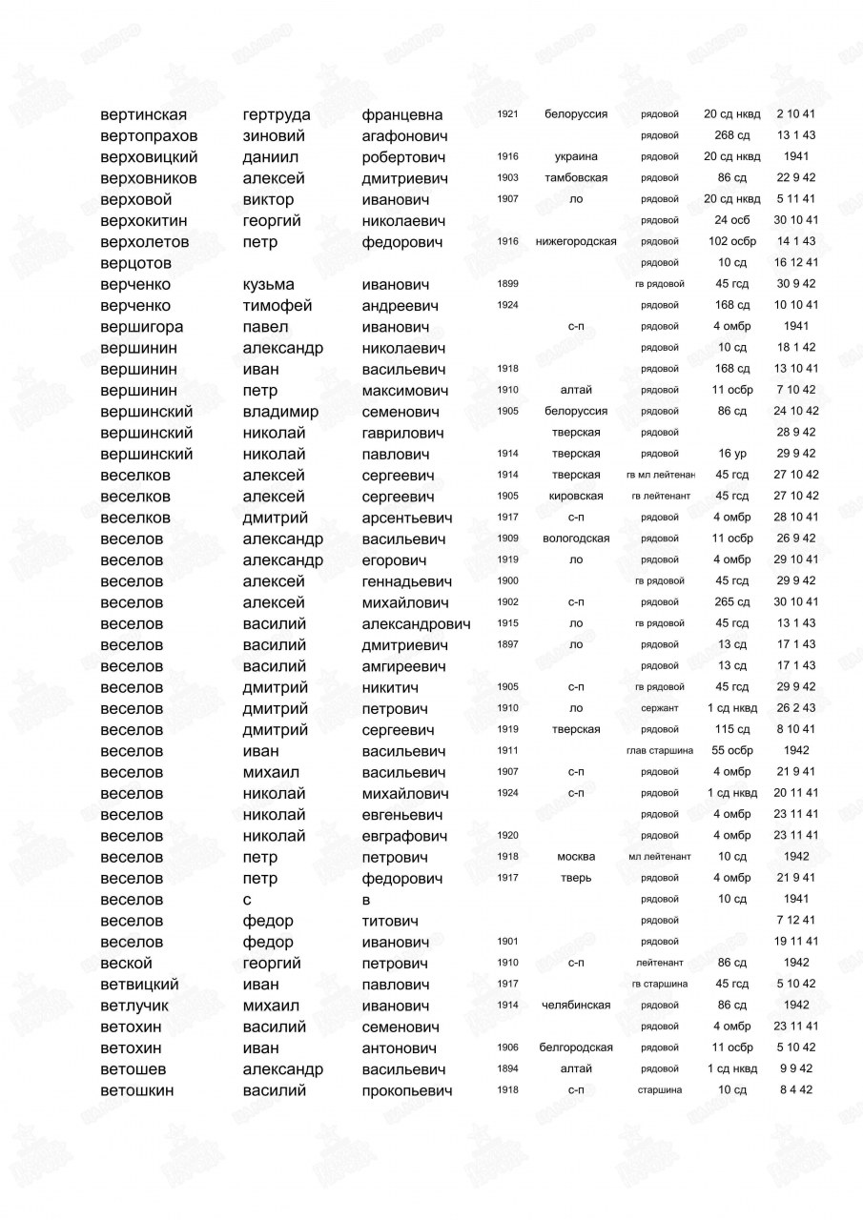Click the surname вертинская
144,115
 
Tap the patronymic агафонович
404,136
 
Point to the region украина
576,157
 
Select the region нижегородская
576,241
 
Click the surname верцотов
136,263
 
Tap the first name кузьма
269,284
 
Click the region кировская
576,496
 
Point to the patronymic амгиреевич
404,666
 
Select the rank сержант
660,708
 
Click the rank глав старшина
660,750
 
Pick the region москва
576,856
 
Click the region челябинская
576,1005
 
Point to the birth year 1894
507,1068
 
